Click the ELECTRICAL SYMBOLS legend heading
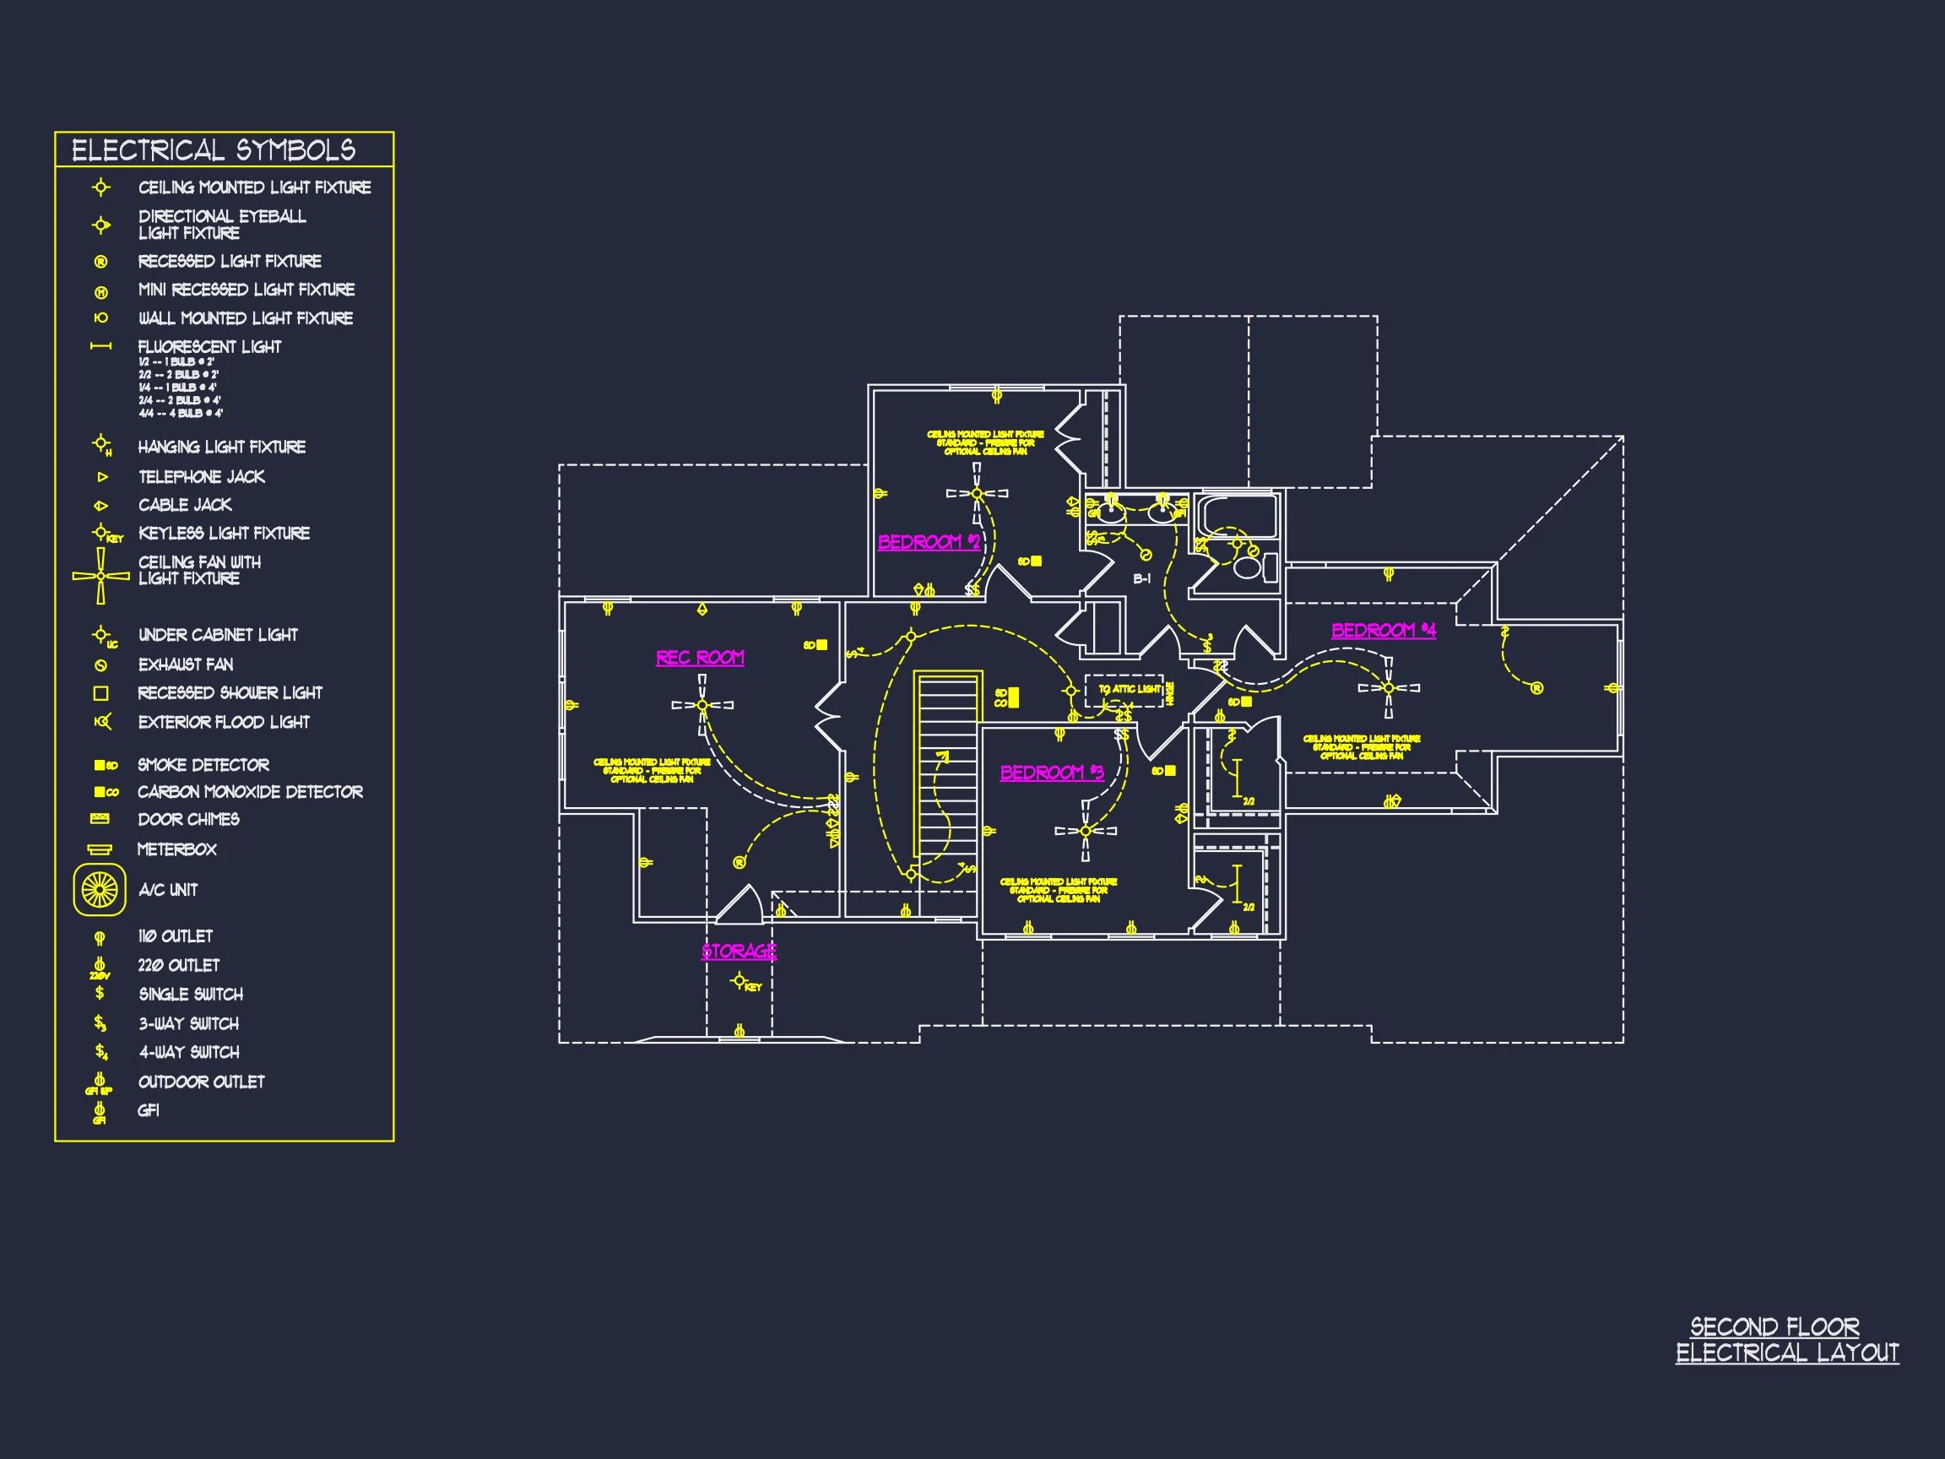[x=214, y=150]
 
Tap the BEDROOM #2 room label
[x=929, y=542]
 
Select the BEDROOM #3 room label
[x=1052, y=773]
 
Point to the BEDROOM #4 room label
[x=1383, y=630]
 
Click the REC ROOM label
[x=700, y=657]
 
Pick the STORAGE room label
[x=739, y=951]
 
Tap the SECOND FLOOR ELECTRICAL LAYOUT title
[x=1785, y=1339]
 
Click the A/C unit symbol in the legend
[x=100, y=890]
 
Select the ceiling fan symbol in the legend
[x=100, y=576]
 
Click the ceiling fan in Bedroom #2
[x=977, y=493]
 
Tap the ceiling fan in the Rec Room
[x=702, y=704]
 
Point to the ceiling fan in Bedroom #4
[x=1389, y=688]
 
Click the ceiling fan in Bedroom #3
[x=1086, y=830]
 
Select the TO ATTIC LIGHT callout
[x=1130, y=690]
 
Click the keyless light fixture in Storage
[x=740, y=981]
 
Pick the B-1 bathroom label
[x=1141, y=578]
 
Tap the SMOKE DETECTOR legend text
[x=203, y=765]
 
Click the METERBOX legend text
[x=176, y=849]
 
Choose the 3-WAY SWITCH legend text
[x=188, y=1023]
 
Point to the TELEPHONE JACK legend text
[x=202, y=477]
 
